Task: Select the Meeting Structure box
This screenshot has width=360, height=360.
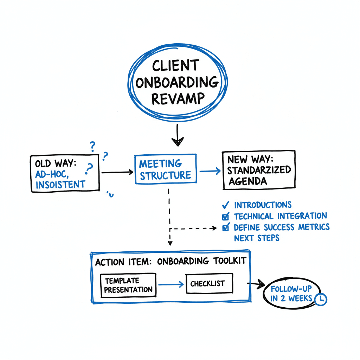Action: (x=165, y=169)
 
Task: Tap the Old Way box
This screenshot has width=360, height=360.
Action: (x=65, y=174)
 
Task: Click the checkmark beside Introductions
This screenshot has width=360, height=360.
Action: (x=226, y=205)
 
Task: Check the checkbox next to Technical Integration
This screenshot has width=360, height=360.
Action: (x=226, y=217)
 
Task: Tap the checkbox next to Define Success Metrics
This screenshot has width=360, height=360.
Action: (x=226, y=227)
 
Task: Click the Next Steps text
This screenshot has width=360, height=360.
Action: (x=256, y=238)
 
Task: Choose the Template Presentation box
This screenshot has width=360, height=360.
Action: (x=128, y=285)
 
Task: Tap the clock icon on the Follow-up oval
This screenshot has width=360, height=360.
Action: (x=321, y=299)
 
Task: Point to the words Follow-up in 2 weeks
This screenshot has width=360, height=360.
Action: (x=291, y=294)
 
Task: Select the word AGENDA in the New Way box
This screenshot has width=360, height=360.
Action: (x=248, y=181)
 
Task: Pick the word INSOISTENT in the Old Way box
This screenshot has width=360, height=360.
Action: (x=60, y=184)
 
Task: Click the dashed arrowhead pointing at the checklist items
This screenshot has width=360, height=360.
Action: (x=214, y=228)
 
